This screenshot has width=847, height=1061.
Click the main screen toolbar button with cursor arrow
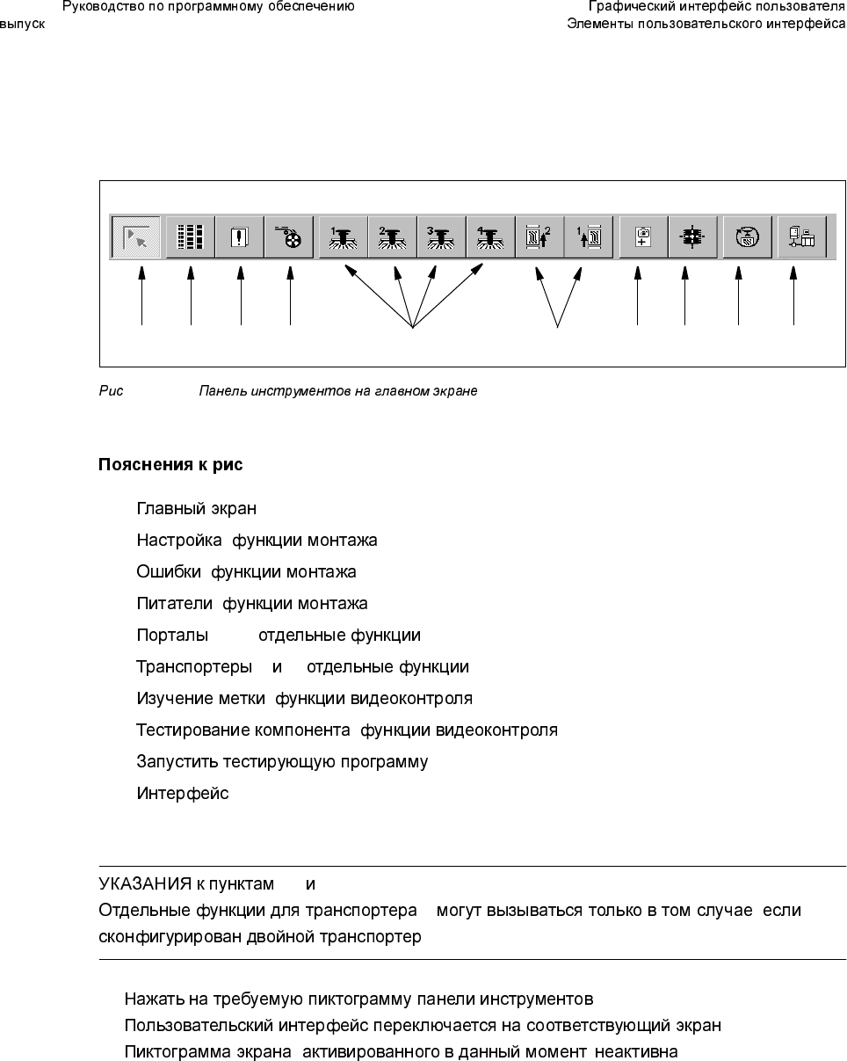click(135, 236)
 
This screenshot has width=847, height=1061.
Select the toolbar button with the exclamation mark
click(240, 236)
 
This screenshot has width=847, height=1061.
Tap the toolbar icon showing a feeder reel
click(289, 236)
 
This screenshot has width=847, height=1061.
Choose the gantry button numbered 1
click(343, 236)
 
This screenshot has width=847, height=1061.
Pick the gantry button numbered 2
click(392, 236)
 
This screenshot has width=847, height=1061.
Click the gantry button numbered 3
click(441, 236)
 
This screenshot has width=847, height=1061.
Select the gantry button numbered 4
click(490, 236)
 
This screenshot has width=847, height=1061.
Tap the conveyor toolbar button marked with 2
click(539, 236)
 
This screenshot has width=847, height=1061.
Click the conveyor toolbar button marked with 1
click(588, 236)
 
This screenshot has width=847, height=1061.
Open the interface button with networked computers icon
click(802, 236)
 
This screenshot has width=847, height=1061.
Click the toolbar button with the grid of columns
click(191, 236)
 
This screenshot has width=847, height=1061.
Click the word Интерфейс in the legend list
click(182, 794)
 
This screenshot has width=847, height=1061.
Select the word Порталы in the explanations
click(172, 636)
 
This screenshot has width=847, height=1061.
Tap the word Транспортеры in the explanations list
click(194, 667)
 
